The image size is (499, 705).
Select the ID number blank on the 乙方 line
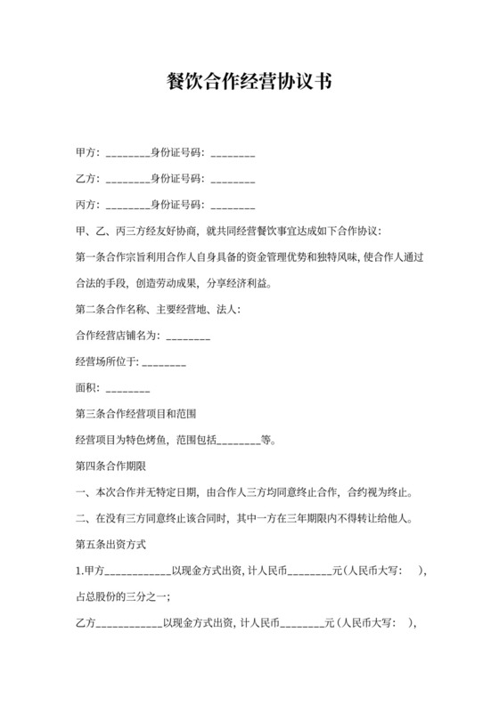pyautogui.click(x=233, y=180)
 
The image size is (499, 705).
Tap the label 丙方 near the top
pyautogui.click(x=86, y=205)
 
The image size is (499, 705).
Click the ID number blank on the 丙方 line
pyautogui.click(x=233, y=206)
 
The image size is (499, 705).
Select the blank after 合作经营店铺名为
pyautogui.click(x=188, y=337)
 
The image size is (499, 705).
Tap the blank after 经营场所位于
pyautogui.click(x=164, y=363)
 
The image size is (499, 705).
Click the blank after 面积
pyautogui.click(x=127, y=390)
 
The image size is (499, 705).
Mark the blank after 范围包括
pyautogui.click(x=239, y=442)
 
